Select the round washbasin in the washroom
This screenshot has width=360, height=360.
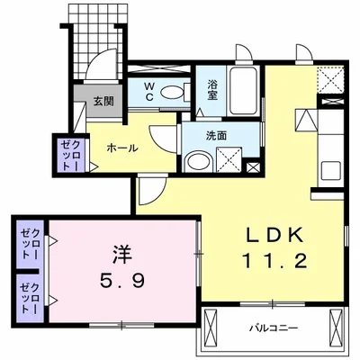click(x=194, y=162)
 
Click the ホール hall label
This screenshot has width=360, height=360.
click(x=122, y=148)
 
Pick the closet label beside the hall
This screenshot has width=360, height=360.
click(x=71, y=155)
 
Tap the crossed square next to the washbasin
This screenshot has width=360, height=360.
click(x=229, y=163)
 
